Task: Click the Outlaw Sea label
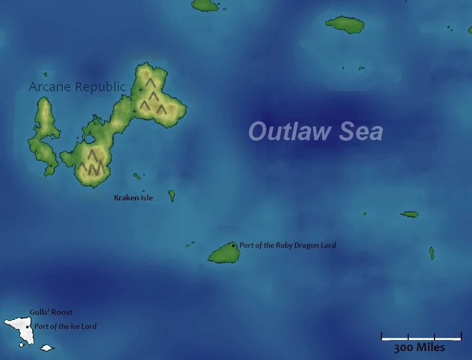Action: click(315, 132)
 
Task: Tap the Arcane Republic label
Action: click(77, 86)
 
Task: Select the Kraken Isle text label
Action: click(133, 198)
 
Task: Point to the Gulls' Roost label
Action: click(51, 312)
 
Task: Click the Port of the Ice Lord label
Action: click(65, 326)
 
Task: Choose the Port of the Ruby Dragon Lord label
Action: click(287, 245)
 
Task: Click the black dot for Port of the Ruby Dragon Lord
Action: click(234, 245)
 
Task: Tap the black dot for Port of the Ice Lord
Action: click(27, 327)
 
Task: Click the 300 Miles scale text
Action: click(419, 347)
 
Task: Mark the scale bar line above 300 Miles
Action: click(421, 338)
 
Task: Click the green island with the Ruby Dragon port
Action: click(224, 254)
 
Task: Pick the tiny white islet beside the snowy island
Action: click(47, 348)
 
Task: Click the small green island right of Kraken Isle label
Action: click(171, 196)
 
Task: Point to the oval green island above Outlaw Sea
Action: click(345, 24)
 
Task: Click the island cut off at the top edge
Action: click(205, 5)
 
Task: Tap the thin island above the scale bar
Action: click(431, 254)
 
